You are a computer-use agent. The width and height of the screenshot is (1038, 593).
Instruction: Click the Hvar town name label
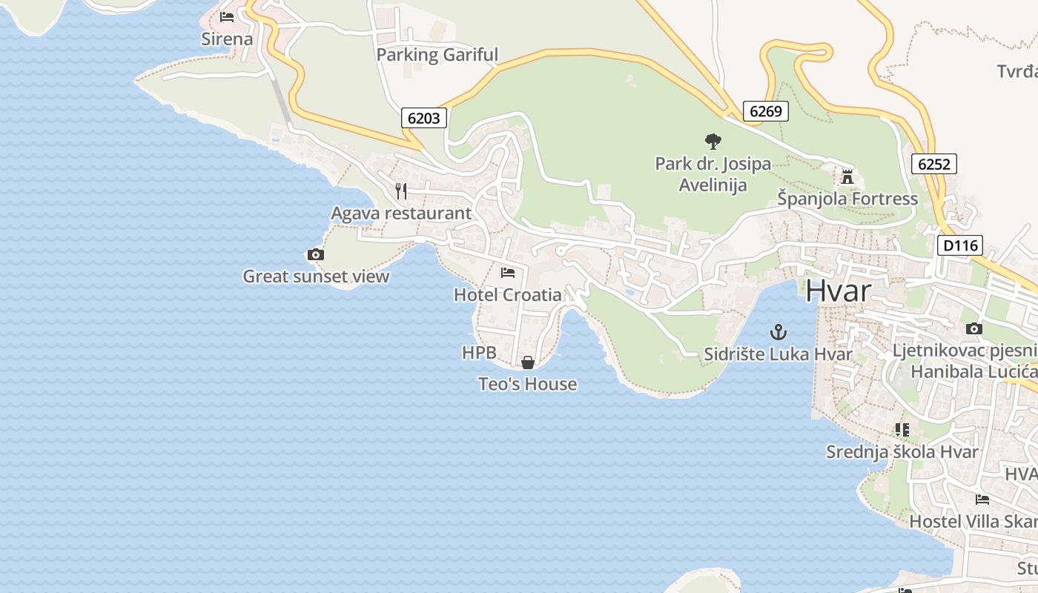point(839,291)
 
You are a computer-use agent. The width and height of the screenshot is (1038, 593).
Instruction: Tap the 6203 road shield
point(424,117)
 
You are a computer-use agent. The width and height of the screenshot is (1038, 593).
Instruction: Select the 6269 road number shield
point(765,111)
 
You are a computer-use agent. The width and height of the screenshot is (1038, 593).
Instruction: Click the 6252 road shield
point(933,164)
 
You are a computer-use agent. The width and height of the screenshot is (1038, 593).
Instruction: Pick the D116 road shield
point(959,245)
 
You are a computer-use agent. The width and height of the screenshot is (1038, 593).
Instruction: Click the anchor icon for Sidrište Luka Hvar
point(778,331)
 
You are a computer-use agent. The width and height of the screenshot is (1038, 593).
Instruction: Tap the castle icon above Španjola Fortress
point(847,176)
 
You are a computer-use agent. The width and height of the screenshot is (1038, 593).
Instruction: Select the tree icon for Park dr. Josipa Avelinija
point(713,141)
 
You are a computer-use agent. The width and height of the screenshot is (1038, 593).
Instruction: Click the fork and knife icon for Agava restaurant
point(401,191)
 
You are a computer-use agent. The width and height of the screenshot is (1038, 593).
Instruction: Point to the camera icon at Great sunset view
point(315,255)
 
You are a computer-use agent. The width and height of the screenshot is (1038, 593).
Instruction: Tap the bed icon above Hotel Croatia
point(508,273)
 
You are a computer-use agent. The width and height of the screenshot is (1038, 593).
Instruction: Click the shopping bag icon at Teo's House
point(528,362)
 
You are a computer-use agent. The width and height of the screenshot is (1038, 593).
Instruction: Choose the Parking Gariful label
point(437,55)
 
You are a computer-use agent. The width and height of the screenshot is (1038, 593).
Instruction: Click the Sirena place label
point(227,39)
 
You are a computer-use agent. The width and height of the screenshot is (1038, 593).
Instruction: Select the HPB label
point(479,353)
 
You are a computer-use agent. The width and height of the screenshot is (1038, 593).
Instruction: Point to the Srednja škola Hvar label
point(902,451)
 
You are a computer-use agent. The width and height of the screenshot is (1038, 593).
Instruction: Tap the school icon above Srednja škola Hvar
point(902,429)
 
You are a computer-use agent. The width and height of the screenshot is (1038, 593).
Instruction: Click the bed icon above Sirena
point(227,17)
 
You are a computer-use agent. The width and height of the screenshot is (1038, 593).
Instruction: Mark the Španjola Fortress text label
point(847,199)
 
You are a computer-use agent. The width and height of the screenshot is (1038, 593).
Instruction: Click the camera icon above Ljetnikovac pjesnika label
point(974,328)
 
